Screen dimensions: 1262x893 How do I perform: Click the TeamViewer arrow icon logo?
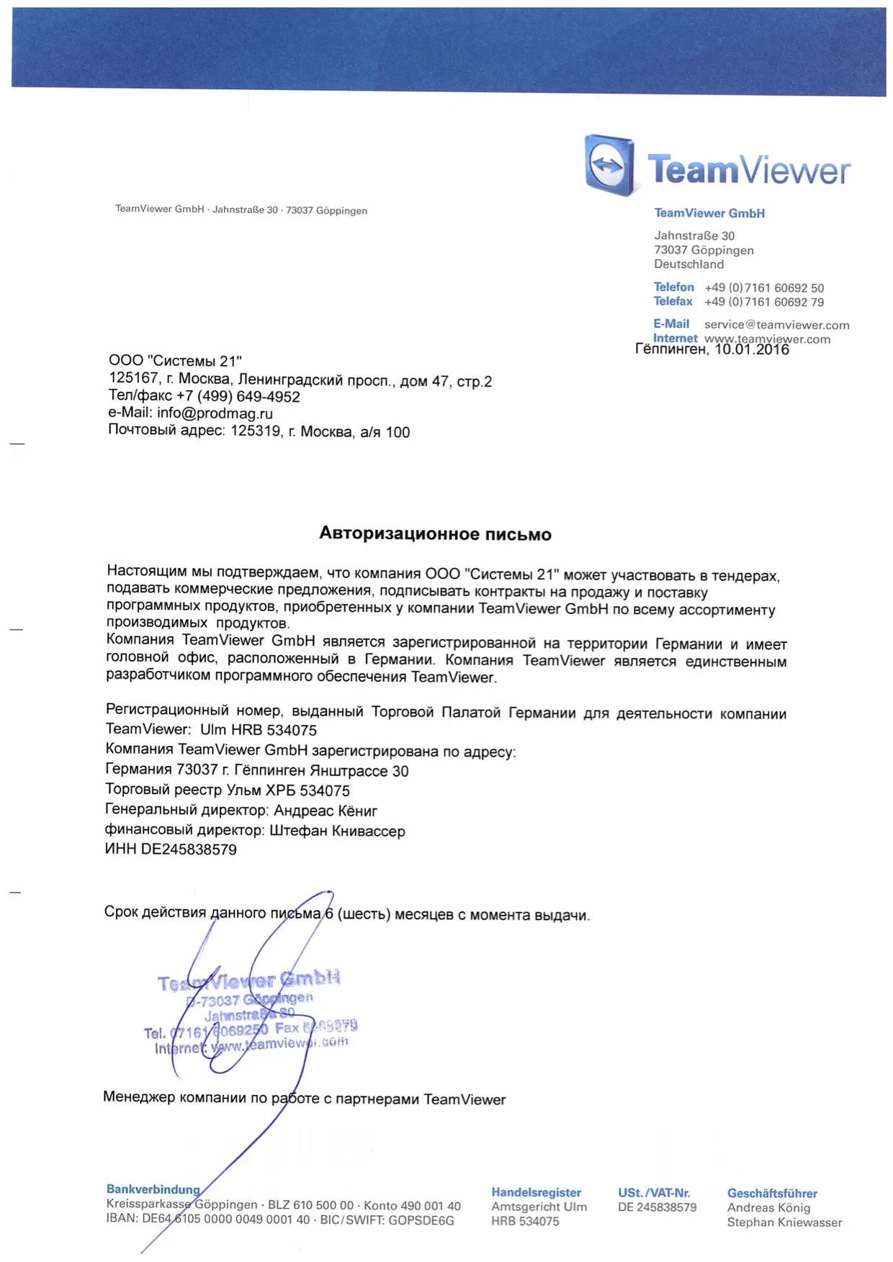609,165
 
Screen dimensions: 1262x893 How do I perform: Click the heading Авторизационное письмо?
435,533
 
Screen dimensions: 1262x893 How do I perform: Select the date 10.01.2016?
751,350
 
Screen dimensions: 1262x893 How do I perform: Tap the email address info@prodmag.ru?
215,413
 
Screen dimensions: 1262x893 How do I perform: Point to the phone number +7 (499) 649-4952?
238,396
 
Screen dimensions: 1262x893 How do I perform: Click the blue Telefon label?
673,287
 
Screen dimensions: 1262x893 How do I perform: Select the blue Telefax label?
673,302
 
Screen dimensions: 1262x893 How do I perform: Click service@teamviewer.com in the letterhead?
776,325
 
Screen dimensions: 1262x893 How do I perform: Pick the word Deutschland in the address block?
688,264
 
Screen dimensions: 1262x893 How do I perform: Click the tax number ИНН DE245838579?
171,849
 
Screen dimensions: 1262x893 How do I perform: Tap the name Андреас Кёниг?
325,811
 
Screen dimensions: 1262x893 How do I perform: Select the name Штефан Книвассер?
337,831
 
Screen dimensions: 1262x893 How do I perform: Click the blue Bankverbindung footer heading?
153,1189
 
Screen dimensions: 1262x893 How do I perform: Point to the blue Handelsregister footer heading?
536,1192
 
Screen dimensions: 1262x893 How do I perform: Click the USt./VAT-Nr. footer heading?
654,1192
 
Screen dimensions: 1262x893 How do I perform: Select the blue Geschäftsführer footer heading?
772,1193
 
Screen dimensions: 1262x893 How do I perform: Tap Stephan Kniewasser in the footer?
784,1222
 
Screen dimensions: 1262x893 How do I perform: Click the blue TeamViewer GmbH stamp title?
248,981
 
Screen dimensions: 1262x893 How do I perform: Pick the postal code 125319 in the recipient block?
255,432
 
